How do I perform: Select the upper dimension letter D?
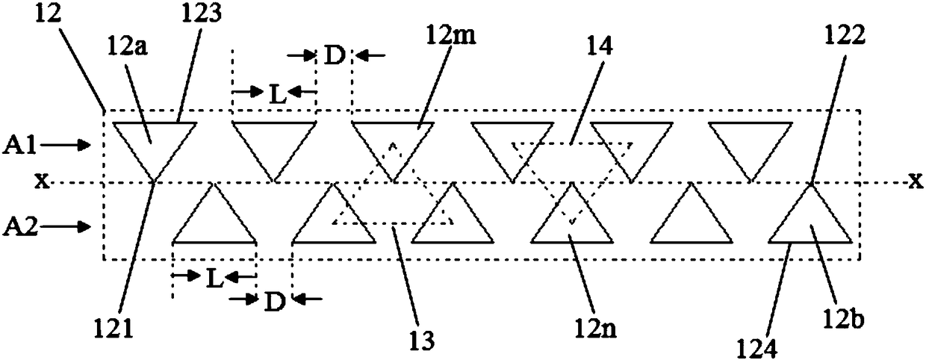coord(334,55)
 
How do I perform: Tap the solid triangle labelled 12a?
coord(155,142)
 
